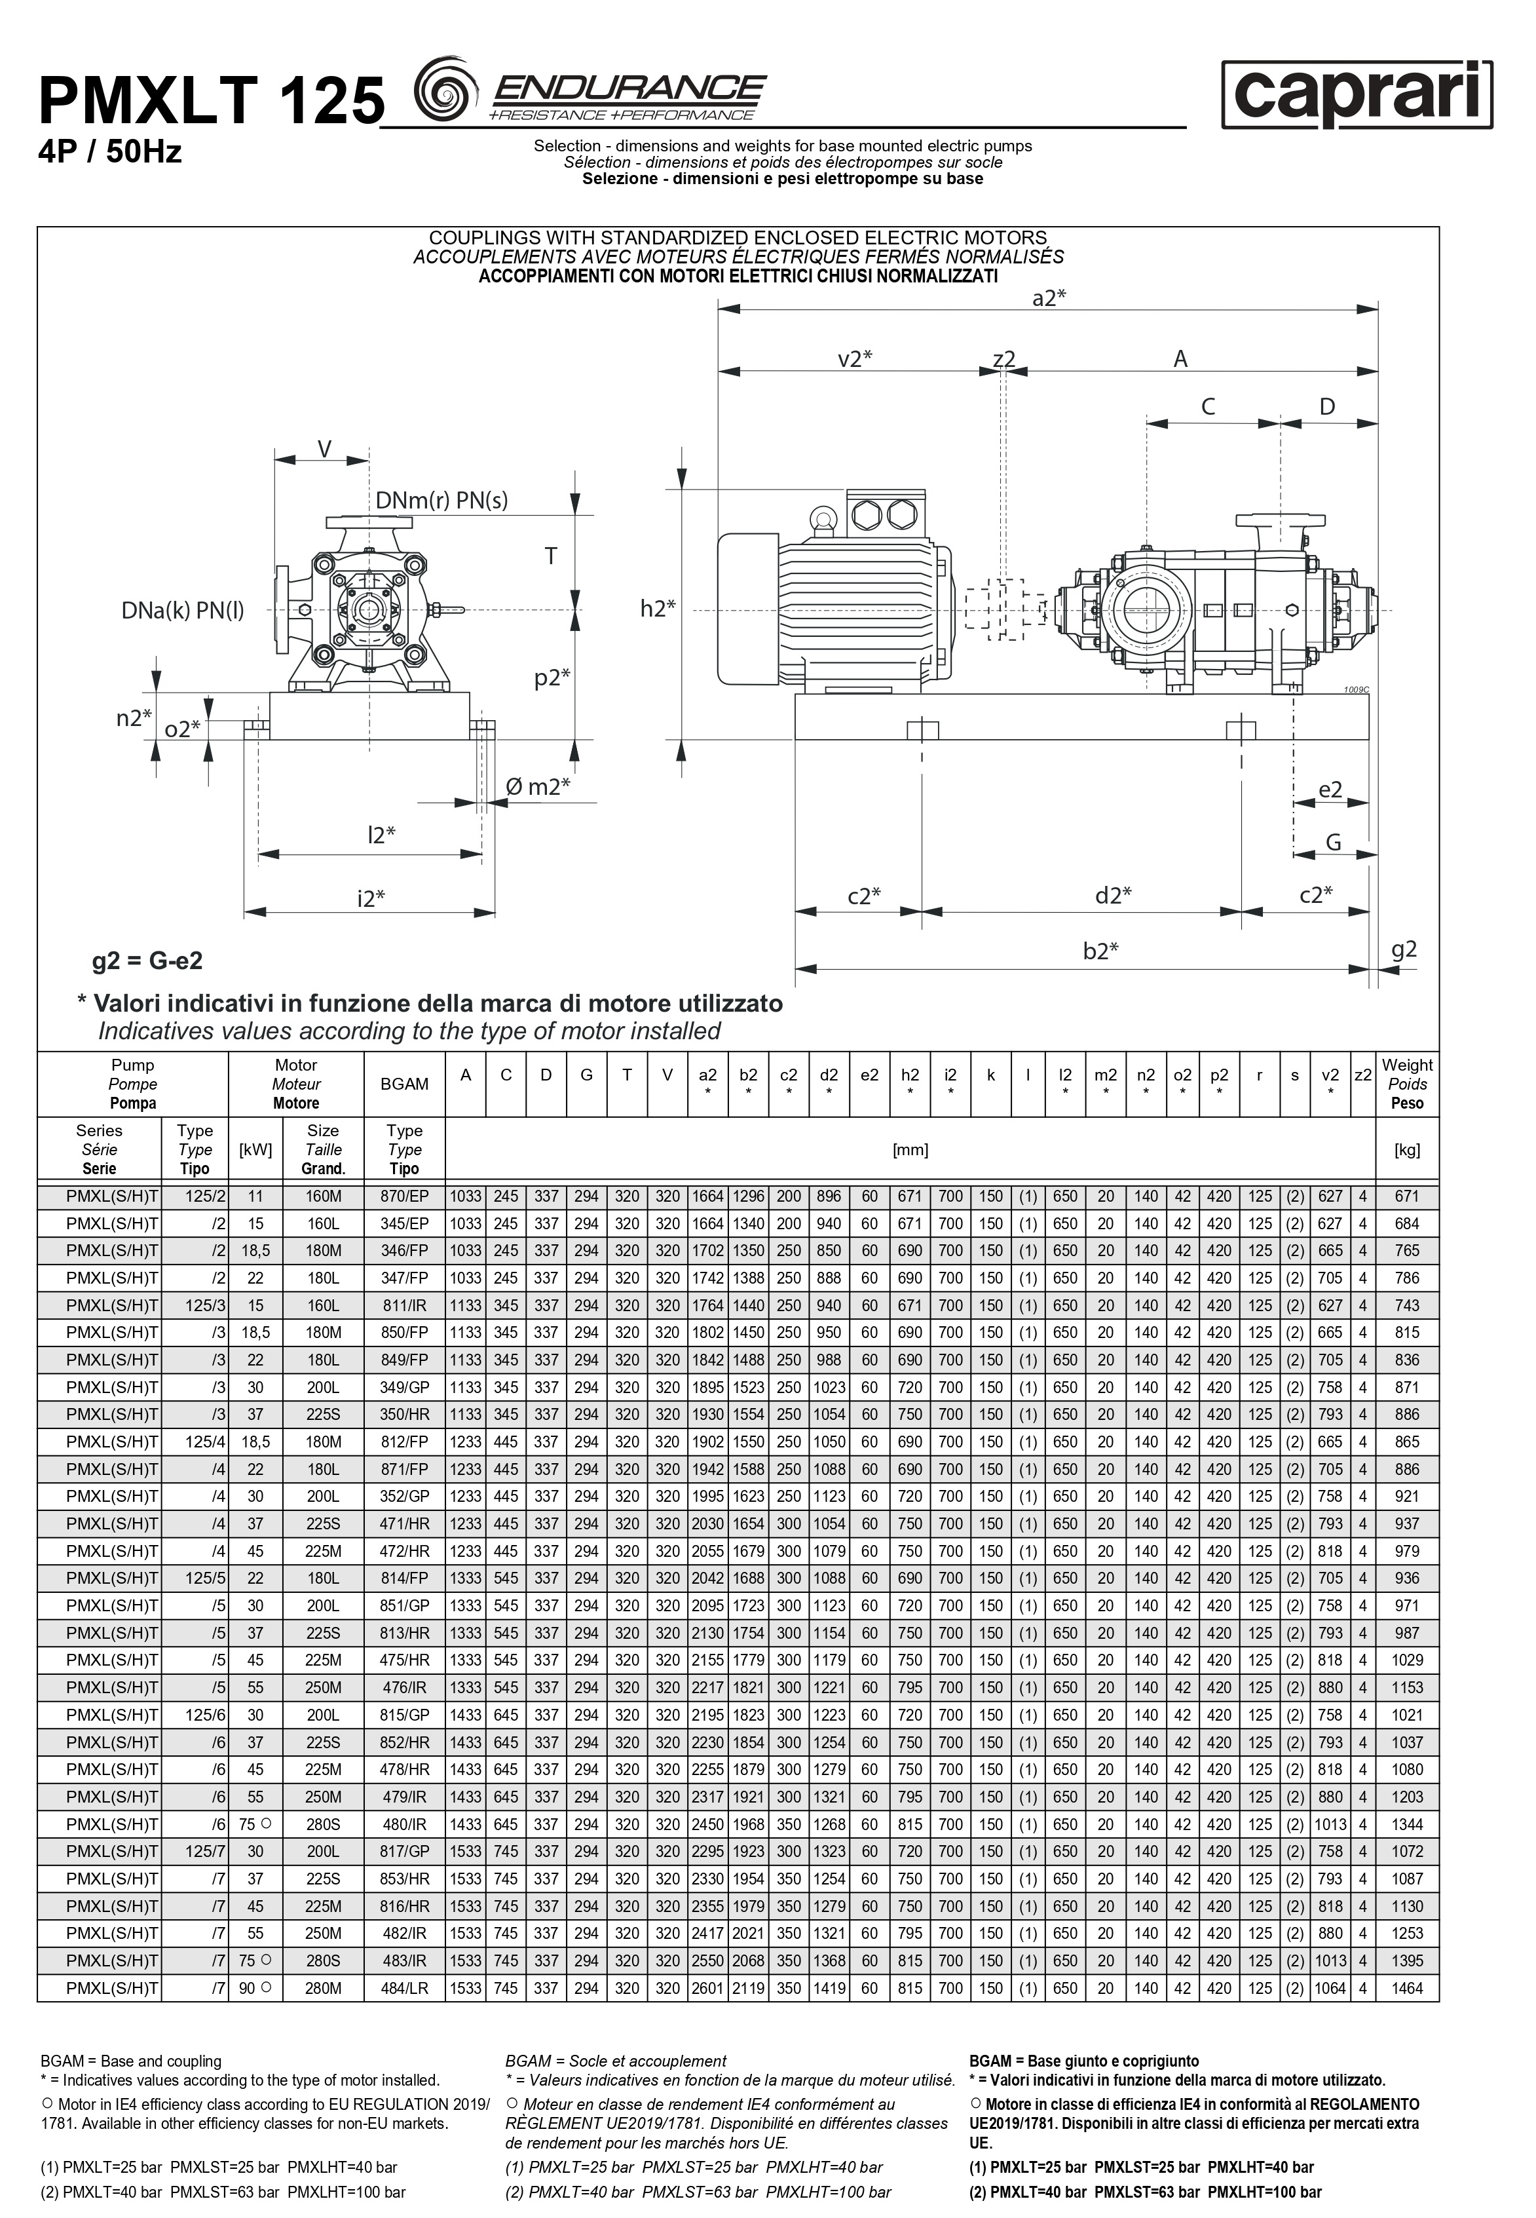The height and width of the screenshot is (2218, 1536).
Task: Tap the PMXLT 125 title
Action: coord(211,102)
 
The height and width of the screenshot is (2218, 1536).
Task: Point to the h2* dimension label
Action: coord(658,609)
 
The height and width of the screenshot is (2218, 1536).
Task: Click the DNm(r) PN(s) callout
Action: coord(441,500)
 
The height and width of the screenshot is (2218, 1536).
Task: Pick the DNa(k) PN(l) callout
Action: coord(183,610)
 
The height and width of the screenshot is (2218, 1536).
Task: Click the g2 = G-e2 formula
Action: coord(147,961)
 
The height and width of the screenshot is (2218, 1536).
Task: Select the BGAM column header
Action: coord(404,1084)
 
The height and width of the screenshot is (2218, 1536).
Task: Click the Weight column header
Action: coord(1407,1084)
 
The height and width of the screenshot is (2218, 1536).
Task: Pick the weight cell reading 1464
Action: coord(1407,1988)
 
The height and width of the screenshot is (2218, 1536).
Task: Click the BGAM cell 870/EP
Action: coord(404,1196)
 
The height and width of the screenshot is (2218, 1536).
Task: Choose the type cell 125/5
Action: coord(195,1578)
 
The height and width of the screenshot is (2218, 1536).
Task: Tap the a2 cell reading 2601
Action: coord(707,1988)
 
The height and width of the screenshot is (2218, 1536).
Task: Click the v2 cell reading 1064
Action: coord(1330,1988)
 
